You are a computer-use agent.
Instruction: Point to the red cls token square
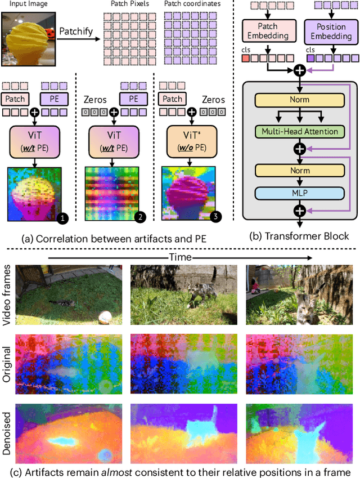tap(245, 59)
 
